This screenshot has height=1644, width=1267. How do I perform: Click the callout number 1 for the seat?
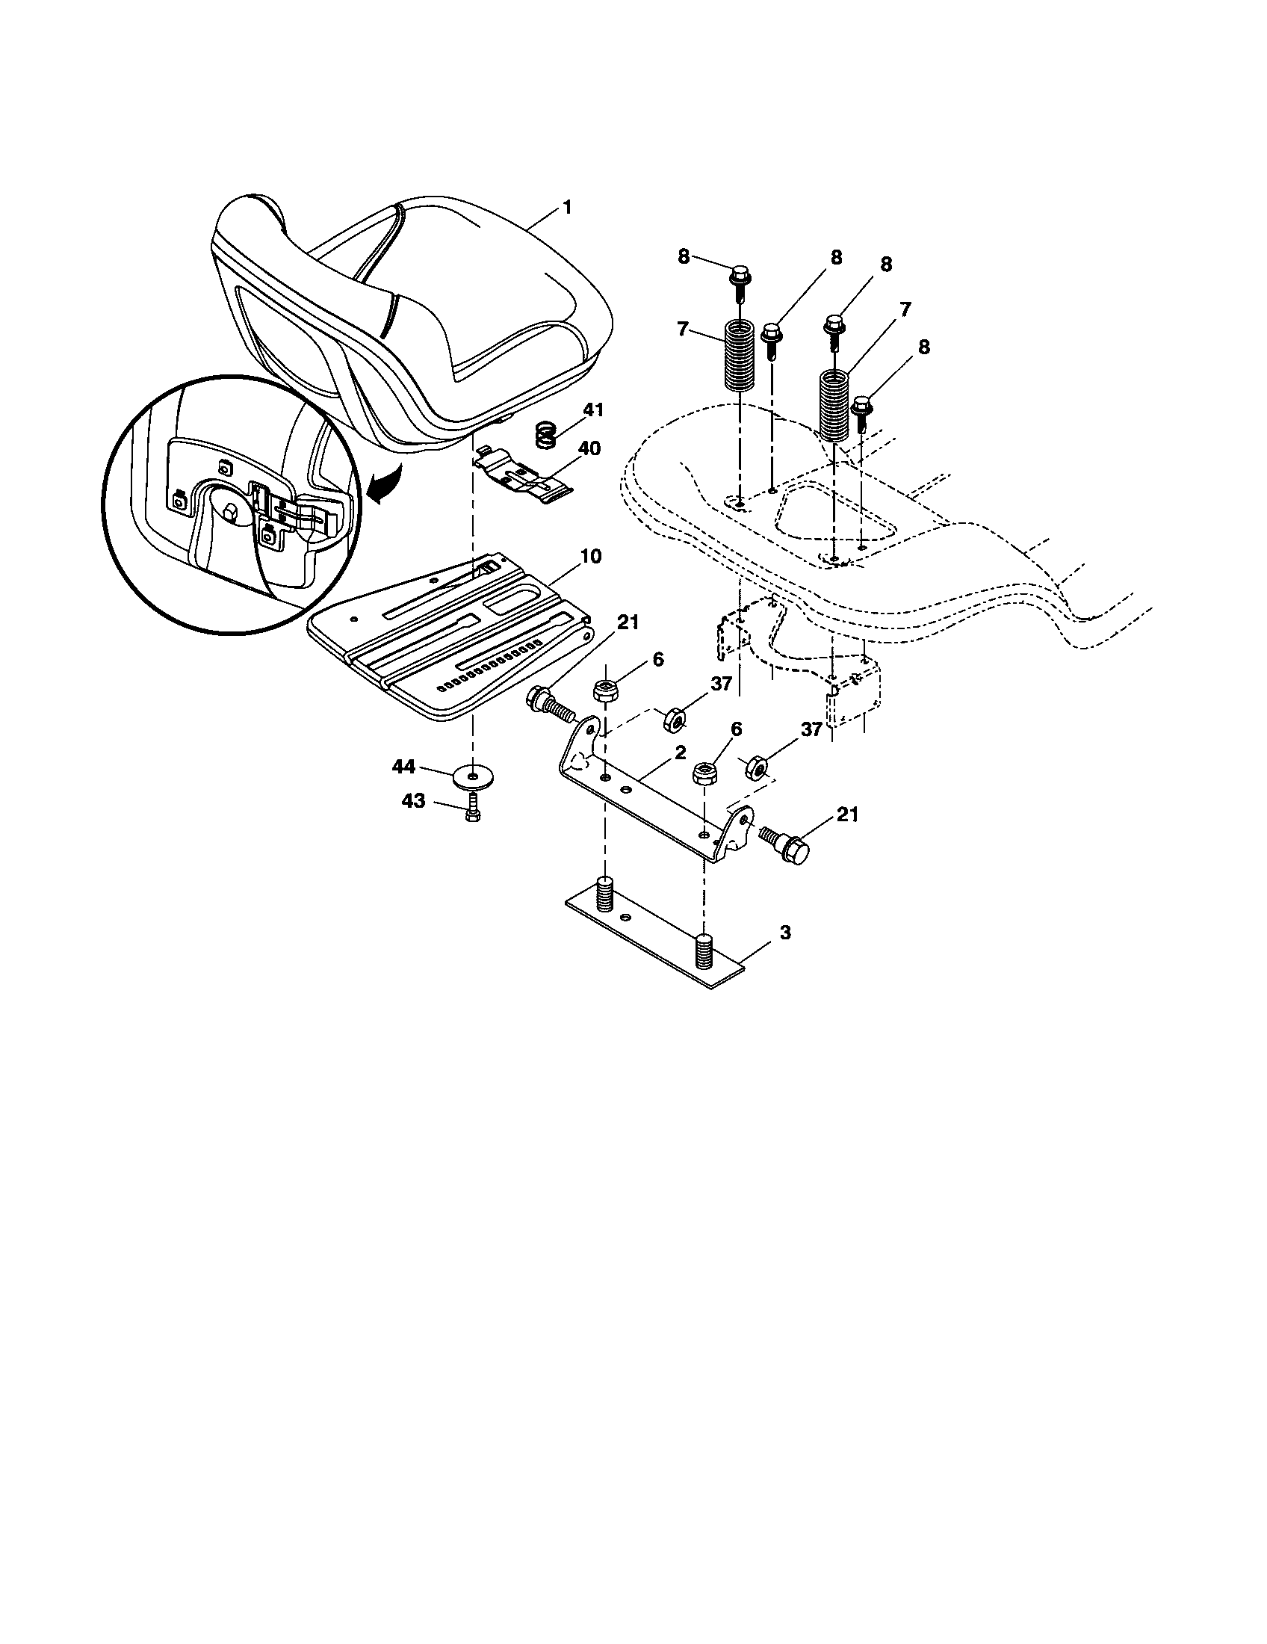pos(567,207)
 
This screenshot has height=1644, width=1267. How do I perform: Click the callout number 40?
pos(589,448)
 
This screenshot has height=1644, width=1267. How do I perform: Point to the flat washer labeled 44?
pos(471,776)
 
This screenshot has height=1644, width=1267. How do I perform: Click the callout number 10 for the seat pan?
pos(591,556)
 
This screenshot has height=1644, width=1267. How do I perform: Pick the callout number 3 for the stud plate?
pos(784,933)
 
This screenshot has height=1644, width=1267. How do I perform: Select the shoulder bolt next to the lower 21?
pos(785,844)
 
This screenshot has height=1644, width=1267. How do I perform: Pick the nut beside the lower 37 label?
pos(757,768)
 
